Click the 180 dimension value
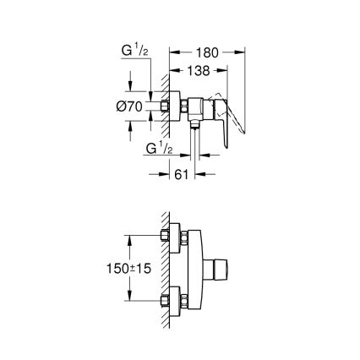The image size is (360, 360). pos(208,52)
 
